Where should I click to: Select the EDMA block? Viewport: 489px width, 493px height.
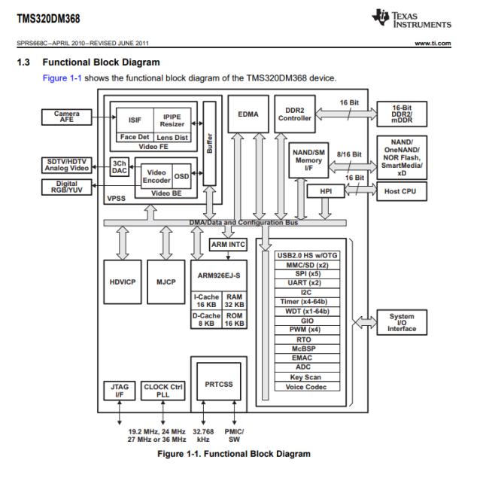tap(248, 114)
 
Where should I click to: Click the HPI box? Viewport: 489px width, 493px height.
tap(326, 191)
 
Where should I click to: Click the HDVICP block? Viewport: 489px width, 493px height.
tap(122, 282)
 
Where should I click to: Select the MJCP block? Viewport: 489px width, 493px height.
tap(166, 282)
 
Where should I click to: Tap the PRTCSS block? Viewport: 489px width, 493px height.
tap(218, 385)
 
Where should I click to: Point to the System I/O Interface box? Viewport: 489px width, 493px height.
tap(400, 322)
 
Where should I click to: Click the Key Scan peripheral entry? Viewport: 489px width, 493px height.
tap(307, 377)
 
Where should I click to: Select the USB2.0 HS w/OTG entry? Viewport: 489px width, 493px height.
tap(307, 255)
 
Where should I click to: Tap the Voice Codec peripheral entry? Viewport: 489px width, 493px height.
tap(307, 387)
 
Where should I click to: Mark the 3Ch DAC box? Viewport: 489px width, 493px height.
tap(119, 166)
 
